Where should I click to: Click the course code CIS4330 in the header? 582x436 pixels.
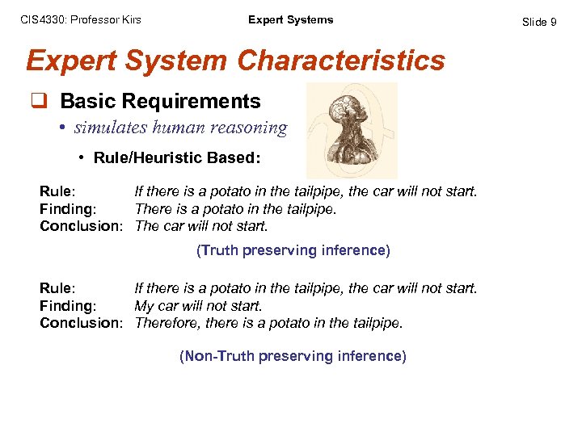click(40, 19)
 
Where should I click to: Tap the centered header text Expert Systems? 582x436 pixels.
click(290, 19)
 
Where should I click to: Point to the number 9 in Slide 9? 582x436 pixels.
click(553, 22)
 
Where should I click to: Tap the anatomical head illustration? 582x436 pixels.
click(352, 129)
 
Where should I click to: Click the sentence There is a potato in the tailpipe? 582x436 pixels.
click(235, 209)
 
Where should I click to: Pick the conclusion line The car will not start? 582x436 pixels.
click(201, 226)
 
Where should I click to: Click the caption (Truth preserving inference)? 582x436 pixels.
click(293, 251)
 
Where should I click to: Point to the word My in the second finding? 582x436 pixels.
click(144, 306)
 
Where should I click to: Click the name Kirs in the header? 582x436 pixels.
click(130, 19)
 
